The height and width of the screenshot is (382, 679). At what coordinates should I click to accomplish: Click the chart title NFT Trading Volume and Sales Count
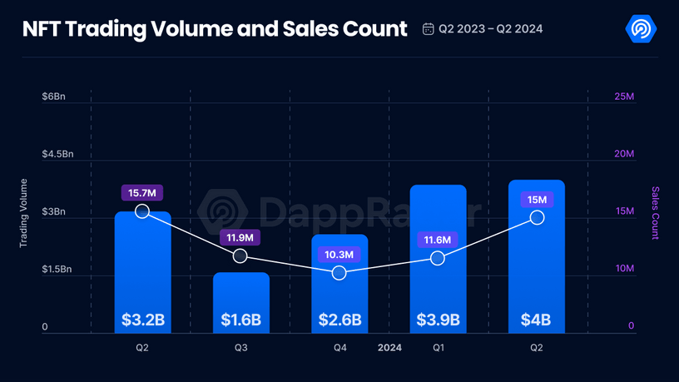215,29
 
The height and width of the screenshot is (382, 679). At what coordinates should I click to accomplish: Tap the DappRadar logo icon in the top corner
641,29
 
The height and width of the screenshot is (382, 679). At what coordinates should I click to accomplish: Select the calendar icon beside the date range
428,29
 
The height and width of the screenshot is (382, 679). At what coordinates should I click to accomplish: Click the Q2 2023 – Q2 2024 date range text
491,29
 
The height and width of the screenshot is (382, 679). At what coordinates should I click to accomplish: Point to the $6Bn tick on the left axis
53,97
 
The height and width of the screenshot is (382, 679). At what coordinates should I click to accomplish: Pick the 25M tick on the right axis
624,97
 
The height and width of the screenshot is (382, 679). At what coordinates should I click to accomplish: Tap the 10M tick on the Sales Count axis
624,269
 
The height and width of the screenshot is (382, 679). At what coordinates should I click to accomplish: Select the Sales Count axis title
655,212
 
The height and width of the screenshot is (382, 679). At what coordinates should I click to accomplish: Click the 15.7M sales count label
142,193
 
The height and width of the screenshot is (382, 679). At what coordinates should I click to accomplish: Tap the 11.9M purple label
240,238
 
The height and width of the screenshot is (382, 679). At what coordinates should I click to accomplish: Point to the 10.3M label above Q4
339,254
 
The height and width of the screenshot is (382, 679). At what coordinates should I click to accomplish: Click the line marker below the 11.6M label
438,259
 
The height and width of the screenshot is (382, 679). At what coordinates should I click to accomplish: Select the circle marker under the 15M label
537,217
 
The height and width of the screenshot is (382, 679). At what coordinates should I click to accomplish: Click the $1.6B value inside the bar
240,320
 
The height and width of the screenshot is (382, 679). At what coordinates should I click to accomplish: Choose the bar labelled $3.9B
438,250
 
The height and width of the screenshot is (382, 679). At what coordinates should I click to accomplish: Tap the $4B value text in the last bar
537,320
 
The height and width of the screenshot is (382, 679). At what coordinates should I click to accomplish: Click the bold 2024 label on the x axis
389,348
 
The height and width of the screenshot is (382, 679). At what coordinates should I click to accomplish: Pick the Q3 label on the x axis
240,348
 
